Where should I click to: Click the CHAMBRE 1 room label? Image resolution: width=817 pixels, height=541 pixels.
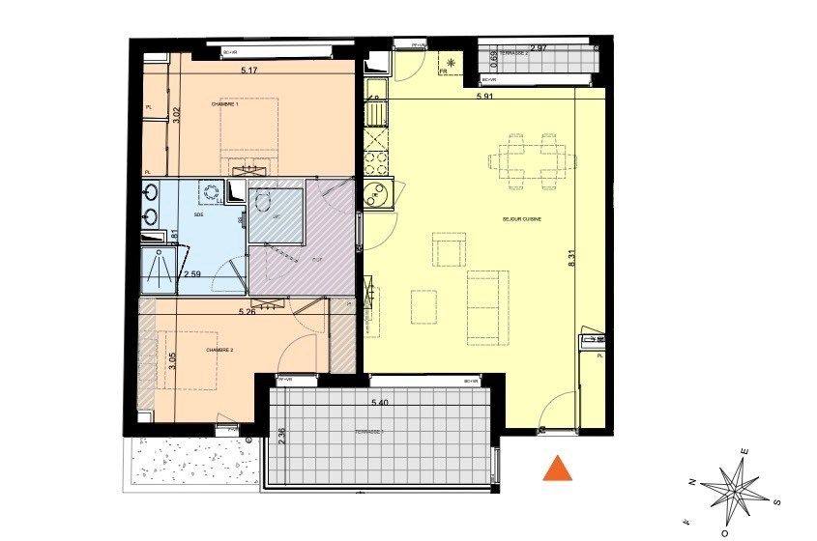(224, 104)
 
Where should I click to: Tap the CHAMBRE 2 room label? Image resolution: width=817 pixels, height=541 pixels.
(220, 351)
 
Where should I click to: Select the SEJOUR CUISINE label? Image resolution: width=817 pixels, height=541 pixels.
(521, 219)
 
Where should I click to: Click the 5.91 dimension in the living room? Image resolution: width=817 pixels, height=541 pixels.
(486, 97)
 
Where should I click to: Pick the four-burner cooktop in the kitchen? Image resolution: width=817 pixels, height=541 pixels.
(374, 161)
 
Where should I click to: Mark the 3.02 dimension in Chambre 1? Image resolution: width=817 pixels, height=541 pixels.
(176, 115)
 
